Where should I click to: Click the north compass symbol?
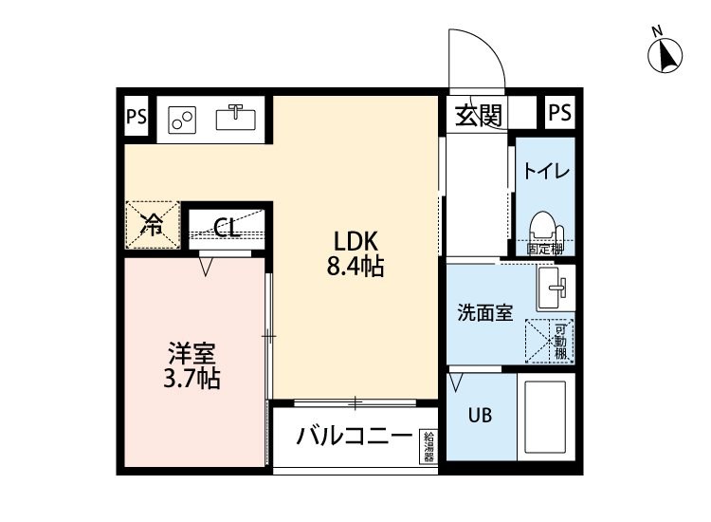(667, 56)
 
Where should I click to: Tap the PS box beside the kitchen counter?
(137, 118)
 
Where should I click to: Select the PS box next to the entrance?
(559, 113)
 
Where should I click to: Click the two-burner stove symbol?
(183, 120)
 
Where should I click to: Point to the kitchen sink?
(236, 119)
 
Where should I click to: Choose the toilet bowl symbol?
(542, 229)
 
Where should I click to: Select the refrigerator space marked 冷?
(151, 225)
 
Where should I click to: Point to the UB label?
(478, 415)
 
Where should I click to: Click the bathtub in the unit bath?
(544, 418)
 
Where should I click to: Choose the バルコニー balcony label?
(354, 438)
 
